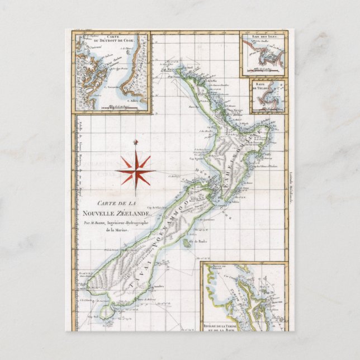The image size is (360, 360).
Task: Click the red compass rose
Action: coord(135,170)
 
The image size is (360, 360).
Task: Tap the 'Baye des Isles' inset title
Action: coord(262,37)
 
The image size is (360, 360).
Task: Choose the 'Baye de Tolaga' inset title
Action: coord(266,86)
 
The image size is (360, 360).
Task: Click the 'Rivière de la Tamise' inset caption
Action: coord(222,323)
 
